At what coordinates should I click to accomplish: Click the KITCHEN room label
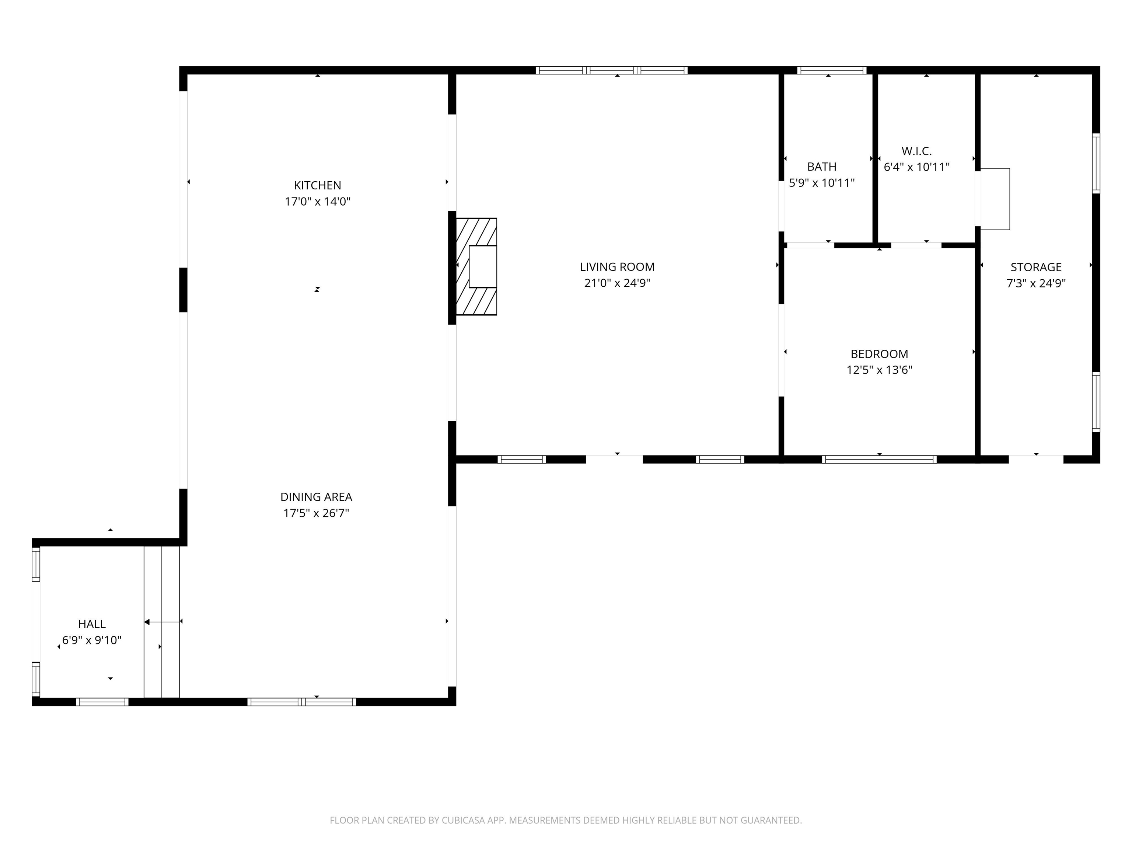click(x=317, y=185)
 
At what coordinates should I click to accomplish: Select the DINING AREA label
click(x=316, y=497)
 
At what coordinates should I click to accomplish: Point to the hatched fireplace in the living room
click(x=476, y=267)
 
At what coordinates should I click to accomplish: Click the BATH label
click(x=821, y=167)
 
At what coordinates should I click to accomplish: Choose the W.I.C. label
click(x=916, y=151)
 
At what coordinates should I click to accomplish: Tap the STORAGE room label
click(x=1036, y=267)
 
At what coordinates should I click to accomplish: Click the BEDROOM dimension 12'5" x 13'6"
click(x=879, y=370)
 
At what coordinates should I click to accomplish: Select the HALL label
click(x=92, y=624)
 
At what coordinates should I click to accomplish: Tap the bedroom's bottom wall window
click(x=879, y=460)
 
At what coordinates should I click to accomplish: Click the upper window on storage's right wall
click(x=1096, y=163)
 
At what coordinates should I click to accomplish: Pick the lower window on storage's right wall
click(x=1096, y=402)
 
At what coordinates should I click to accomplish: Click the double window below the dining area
click(x=301, y=702)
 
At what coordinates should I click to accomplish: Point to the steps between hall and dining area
click(x=162, y=622)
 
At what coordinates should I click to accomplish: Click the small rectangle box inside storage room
click(x=994, y=199)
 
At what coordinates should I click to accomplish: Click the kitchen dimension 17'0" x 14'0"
click(x=317, y=202)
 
